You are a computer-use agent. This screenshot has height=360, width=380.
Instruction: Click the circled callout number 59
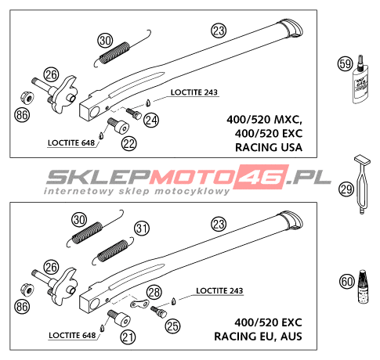click(345, 64)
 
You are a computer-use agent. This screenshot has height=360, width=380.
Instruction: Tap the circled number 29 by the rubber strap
click(346, 189)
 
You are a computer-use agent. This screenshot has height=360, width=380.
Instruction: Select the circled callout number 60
click(347, 282)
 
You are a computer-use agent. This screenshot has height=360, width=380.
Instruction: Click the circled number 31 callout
click(142, 229)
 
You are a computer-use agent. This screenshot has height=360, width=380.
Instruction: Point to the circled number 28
click(154, 292)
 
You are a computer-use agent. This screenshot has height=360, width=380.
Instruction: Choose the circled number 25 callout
click(172, 326)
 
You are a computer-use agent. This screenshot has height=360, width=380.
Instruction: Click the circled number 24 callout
click(151, 121)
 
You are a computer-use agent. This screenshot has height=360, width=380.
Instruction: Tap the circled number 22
click(128, 144)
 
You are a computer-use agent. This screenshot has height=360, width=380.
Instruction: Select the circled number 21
click(128, 337)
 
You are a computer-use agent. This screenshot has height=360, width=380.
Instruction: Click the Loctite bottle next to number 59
click(361, 79)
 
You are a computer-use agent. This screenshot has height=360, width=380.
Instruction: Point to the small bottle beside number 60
click(363, 286)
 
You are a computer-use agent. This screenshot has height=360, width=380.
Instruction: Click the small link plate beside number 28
click(139, 304)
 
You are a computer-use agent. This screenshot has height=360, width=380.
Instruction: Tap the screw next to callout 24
click(134, 113)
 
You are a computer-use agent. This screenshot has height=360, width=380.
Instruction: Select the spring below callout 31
click(113, 250)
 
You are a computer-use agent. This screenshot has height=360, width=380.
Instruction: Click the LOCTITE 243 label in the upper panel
click(194, 92)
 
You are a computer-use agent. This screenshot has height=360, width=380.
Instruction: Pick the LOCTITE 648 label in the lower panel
click(72, 335)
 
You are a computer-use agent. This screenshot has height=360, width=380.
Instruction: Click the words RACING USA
click(269, 147)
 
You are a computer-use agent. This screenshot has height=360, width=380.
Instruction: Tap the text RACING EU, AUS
click(258, 337)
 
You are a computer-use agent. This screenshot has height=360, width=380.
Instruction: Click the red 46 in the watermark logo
click(260, 177)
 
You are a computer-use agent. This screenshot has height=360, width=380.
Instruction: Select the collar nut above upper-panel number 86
click(27, 98)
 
